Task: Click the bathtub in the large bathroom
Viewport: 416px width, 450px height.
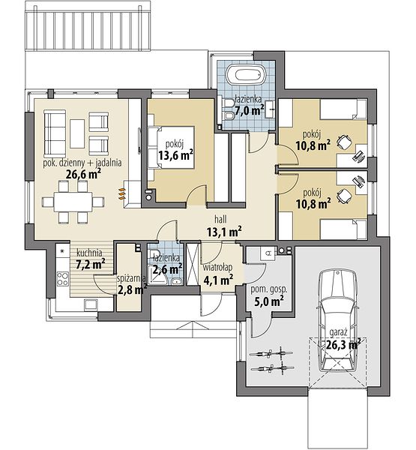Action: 246,75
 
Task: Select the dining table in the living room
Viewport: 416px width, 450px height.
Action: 73,202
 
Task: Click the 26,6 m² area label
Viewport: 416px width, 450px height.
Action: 83,174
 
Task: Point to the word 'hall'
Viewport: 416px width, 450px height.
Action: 220,219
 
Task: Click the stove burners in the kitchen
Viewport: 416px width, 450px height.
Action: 63,279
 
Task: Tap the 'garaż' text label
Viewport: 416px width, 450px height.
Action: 339,332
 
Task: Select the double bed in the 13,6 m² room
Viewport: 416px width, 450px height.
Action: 172,147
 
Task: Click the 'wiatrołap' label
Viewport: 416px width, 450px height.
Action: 217,268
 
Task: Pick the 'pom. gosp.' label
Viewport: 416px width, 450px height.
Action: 269,289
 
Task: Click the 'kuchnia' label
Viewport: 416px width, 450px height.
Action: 89,253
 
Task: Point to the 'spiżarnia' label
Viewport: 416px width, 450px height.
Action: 132,278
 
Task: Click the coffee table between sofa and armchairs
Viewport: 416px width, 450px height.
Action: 77,134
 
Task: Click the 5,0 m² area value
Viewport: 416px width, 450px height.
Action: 269,301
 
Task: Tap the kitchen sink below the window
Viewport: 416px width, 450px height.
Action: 91,304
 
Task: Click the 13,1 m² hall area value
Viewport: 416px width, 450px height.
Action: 224,231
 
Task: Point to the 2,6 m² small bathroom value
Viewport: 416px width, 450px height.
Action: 167,269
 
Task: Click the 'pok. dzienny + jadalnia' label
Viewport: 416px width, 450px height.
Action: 82,163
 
